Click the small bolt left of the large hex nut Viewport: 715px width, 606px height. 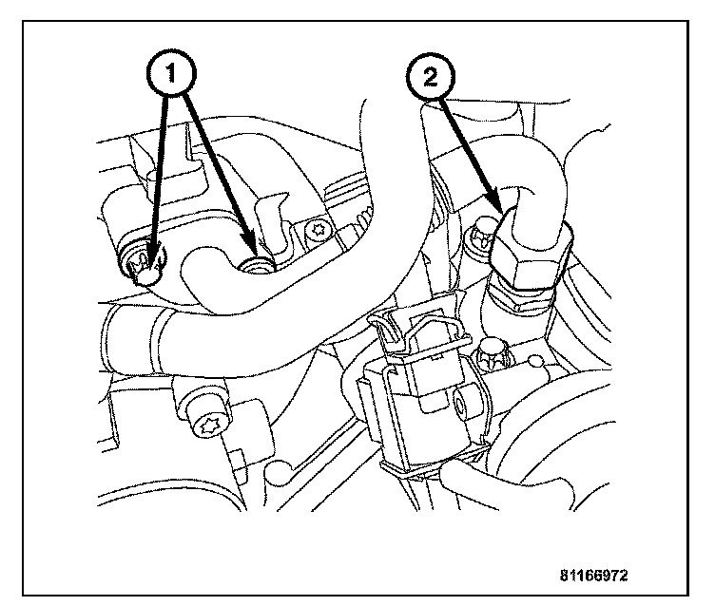(x=482, y=228)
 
